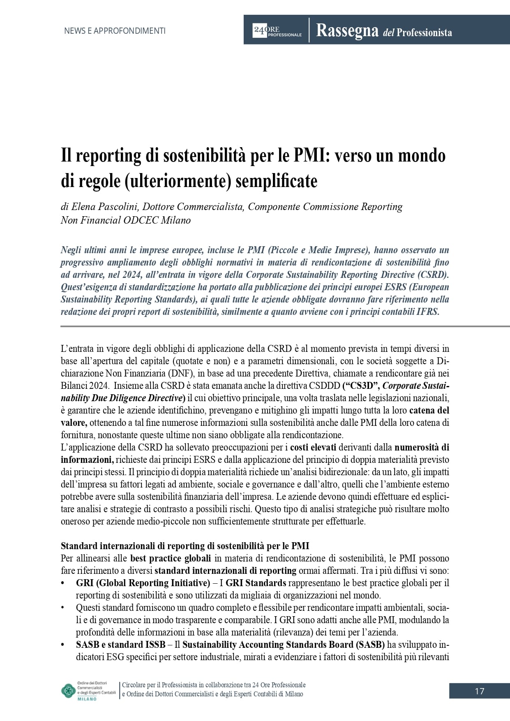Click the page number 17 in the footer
[479, 691]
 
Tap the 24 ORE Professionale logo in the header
[277, 31]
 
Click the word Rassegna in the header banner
[347, 31]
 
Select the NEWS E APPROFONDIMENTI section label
[115, 31]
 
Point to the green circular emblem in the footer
[68, 691]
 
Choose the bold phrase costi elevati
[313, 447]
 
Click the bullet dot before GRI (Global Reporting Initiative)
[63, 583]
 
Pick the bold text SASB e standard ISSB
[121, 645]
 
